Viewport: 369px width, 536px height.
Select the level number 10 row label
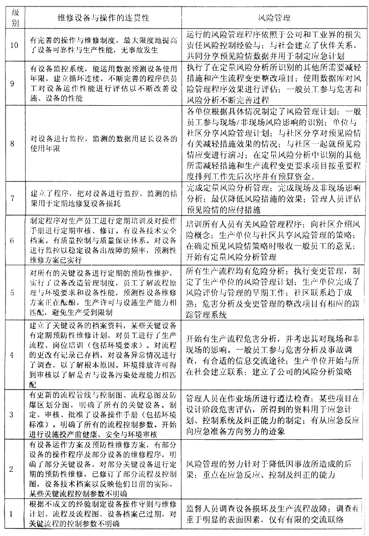(x=14, y=44)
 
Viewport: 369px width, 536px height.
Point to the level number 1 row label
(x=14, y=515)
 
